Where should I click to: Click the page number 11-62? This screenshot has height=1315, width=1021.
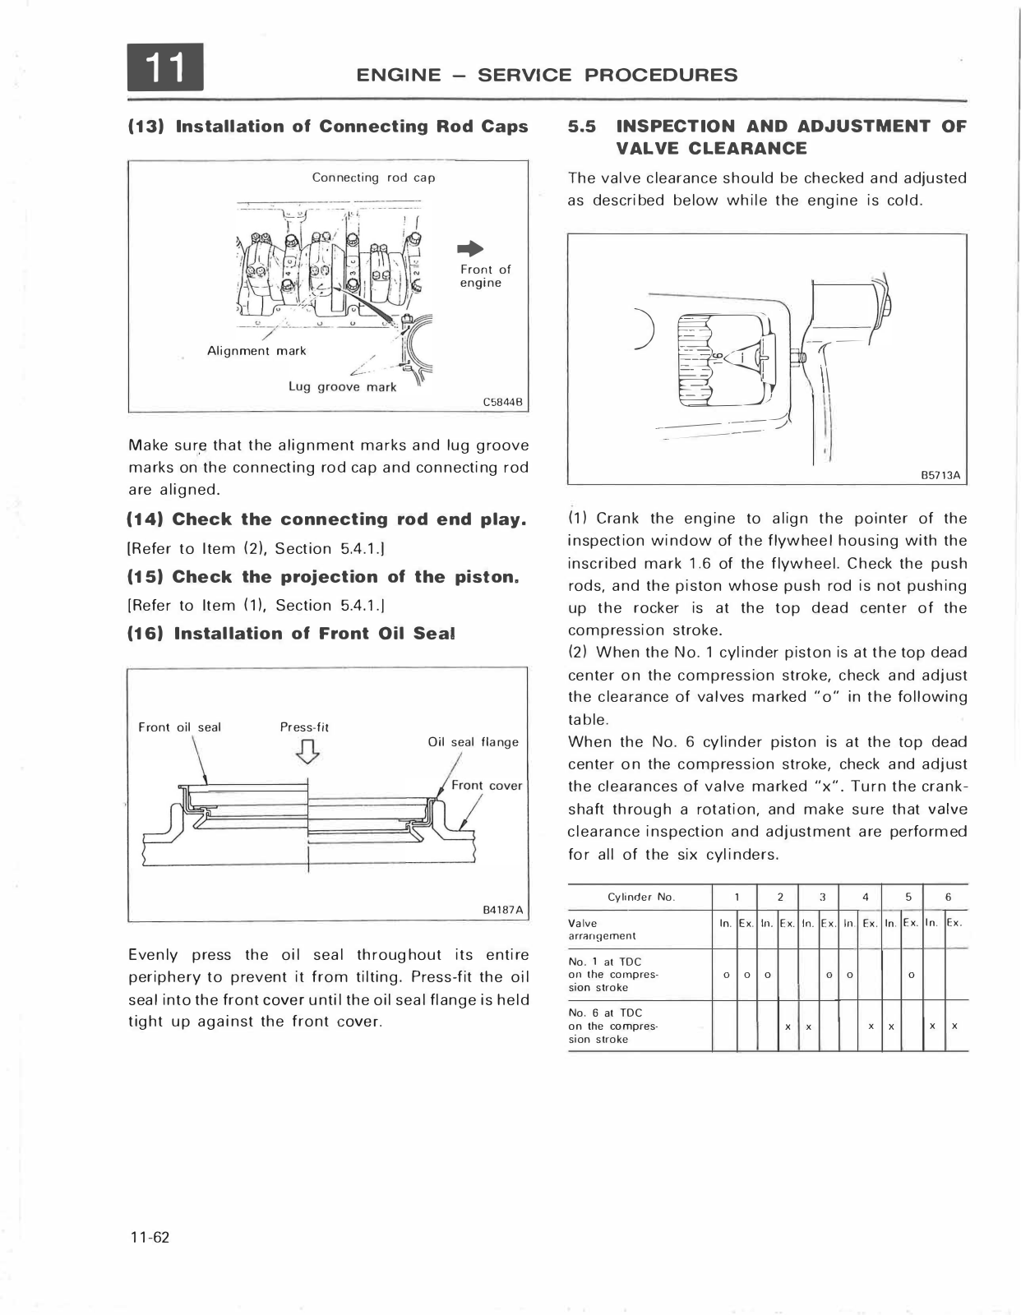(x=149, y=1238)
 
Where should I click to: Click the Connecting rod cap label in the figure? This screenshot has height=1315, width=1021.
(x=373, y=178)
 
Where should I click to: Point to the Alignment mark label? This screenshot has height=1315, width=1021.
(x=256, y=351)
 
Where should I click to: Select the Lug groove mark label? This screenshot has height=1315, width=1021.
(x=342, y=386)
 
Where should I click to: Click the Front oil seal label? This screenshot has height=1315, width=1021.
(x=179, y=727)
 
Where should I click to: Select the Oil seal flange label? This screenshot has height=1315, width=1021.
(x=473, y=742)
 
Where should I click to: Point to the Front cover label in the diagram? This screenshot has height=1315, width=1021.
(x=486, y=786)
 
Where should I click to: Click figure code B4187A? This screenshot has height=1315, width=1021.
(x=502, y=910)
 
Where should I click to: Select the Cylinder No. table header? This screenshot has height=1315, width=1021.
(x=640, y=897)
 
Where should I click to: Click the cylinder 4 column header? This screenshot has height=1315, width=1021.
(x=866, y=897)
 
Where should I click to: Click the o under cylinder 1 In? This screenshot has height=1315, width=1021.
(x=724, y=976)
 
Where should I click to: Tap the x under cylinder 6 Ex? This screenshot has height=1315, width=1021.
(x=954, y=1027)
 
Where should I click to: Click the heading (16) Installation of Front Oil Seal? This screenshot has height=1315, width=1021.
(x=292, y=634)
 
